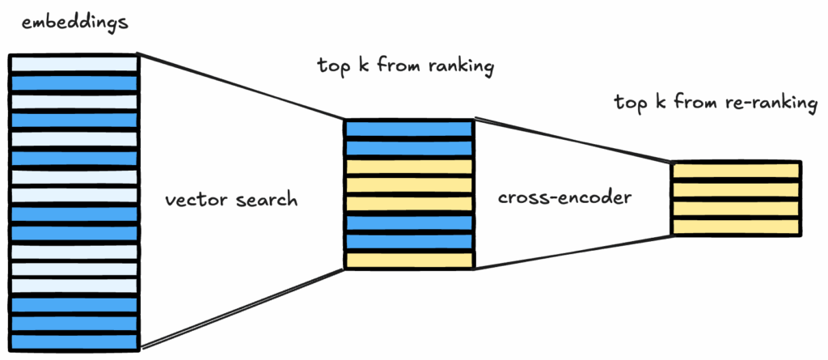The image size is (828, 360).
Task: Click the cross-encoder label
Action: click(563, 198)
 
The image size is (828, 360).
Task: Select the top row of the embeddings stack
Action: click(74, 64)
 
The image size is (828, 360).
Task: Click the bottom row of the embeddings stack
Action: click(74, 342)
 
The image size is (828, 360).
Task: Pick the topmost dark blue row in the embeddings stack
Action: click(74, 83)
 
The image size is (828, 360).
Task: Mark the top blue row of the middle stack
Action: click(408, 129)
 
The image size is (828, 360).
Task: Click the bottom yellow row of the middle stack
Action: click(408, 260)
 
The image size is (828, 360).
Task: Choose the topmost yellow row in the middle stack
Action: click(408, 167)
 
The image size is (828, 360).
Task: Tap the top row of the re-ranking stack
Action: click(736, 171)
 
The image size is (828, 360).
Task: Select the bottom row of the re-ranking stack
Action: click(736, 227)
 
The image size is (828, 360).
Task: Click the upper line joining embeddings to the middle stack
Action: click(243, 88)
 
